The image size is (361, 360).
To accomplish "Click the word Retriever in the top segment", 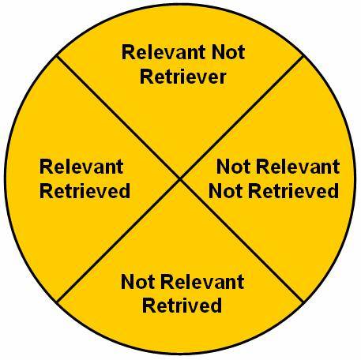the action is (x=183, y=77).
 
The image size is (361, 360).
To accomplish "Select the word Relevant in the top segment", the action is (x=164, y=52).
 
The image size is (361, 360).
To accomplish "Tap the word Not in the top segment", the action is (x=228, y=52).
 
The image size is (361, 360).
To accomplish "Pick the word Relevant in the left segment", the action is (x=81, y=167).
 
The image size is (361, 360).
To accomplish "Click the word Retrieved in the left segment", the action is (x=85, y=191).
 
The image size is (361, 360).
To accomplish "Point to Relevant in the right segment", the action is (x=298, y=167).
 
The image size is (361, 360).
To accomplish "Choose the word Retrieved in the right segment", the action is (x=294, y=191).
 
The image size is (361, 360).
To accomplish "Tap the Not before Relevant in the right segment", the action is (x=233, y=167).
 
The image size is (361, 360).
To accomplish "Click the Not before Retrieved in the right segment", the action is (x=225, y=191).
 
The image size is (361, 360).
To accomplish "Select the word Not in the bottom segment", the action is (x=137, y=282).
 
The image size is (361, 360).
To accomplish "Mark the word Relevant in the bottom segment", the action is (x=202, y=282).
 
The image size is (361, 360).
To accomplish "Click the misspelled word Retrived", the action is (x=182, y=306).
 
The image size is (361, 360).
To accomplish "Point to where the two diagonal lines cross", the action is (x=180, y=178).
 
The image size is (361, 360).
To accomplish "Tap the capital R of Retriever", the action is (x=146, y=77).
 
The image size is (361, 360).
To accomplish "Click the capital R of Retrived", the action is (x=149, y=306).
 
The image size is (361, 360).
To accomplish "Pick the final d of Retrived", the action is (x=216, y=306).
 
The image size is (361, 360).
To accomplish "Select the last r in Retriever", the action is (x=223, y=79).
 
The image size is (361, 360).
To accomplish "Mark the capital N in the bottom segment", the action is (x=127, y=282).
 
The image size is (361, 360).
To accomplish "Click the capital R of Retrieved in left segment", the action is (x=46, y=191).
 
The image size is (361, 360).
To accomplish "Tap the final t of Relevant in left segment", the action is (x=120, y=167).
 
